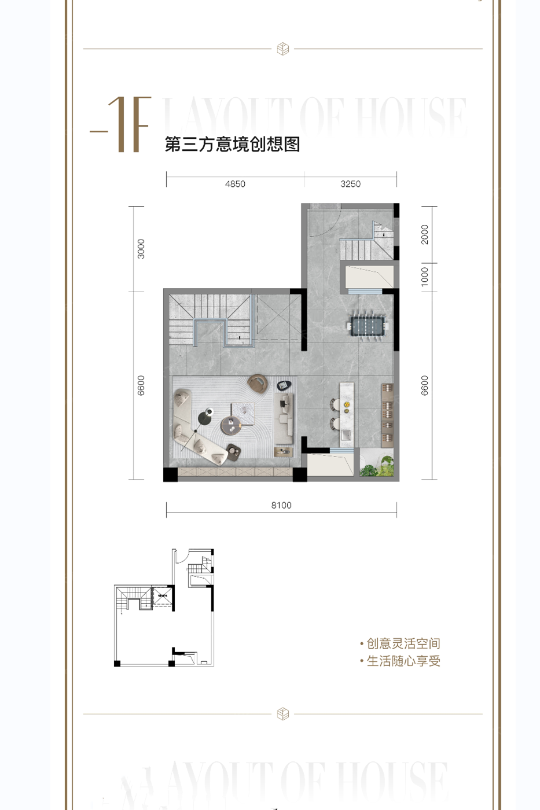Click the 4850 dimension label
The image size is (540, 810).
235,184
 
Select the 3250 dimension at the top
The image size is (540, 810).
350,184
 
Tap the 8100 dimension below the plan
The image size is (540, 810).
281,505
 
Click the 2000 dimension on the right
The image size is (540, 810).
425,234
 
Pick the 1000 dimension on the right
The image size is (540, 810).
425,277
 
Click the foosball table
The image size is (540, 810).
369,326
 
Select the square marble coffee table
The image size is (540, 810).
242,411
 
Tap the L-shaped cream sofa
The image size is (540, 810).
194,428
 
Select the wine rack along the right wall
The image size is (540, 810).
387,414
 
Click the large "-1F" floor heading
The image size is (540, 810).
122,125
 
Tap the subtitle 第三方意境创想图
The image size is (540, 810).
232,144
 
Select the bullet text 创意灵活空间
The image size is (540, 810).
403,643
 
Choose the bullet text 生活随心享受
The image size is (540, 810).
403,661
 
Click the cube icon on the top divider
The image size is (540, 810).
283,49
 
